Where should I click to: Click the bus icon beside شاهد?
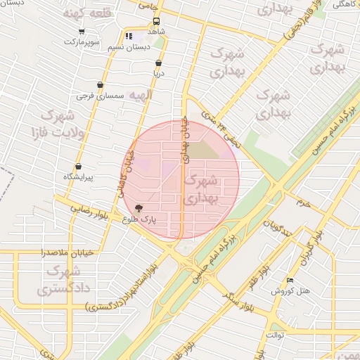(x=156, y=21)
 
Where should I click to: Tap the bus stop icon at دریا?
(x=159, y=62)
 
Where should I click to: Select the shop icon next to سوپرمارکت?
(x=82, y=31)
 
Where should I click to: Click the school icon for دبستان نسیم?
(x=129, y=35)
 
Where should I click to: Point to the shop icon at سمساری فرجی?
(x=100, y=84)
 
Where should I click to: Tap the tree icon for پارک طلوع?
(x=137, y=209)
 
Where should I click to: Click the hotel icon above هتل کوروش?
(x=290, y=280)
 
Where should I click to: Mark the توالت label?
(x=274, y=335)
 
